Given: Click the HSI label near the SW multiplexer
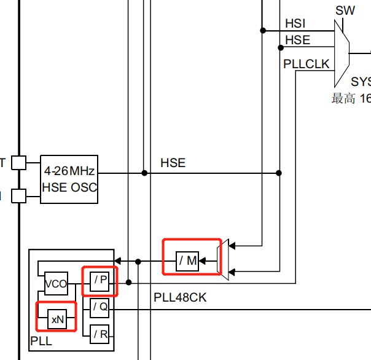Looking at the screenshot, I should click(x=295, y=24).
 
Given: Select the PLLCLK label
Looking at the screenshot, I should click(x=307, y=64).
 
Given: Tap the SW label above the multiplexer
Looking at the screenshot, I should click(x=345, y=10).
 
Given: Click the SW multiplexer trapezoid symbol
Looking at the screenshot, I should click(x=342, y=53).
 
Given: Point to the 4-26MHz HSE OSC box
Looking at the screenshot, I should click(x=69, y=178).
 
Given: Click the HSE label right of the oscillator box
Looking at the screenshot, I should click(x=173, y=163).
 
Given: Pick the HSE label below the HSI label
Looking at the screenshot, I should click(x=298, y=41).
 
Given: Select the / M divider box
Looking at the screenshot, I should click(x=188, y=260).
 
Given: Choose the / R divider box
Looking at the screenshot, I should click(x=100, y=334).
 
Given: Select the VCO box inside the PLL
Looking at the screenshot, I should click(x=56, y=284).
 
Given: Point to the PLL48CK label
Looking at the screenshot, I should click(x=180, y=298).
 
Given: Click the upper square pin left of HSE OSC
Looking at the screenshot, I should click(x=19, y=163).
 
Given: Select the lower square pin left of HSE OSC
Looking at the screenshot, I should click(x=19, y=195).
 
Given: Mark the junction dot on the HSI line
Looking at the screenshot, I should click(x=262, y=29).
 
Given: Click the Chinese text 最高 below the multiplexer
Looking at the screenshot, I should click(x=343, y=98).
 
